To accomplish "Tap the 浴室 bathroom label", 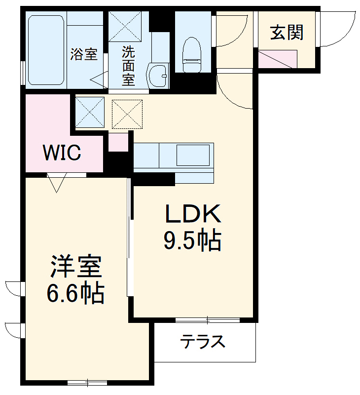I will point(83,54).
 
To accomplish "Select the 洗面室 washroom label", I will point(128,65).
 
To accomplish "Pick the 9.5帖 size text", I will point(192,241).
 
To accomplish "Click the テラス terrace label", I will point(202,341).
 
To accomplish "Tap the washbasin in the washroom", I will point(158,76).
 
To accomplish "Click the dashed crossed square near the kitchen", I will point(127,114).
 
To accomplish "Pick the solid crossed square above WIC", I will point(89,112).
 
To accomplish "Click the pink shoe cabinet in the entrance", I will point(278,59).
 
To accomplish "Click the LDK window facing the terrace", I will point(208,320).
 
